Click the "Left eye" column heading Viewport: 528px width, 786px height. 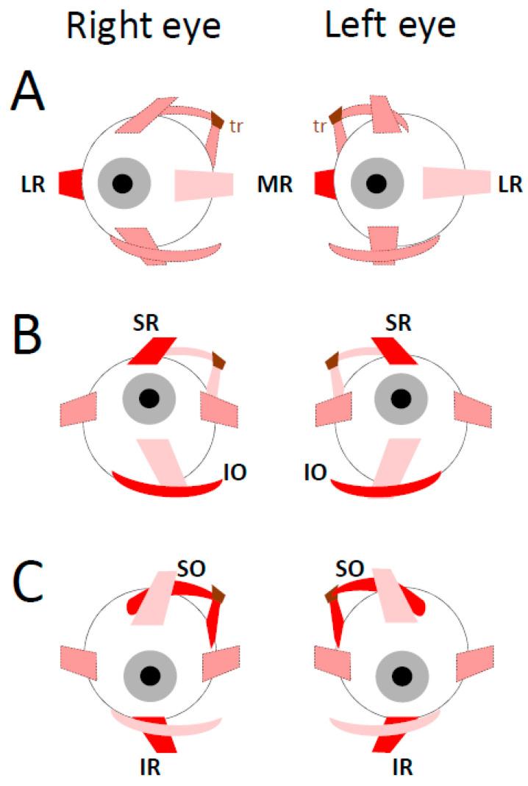[390, 26]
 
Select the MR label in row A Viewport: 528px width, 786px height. [277, 185]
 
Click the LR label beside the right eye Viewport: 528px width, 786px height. [32, 185]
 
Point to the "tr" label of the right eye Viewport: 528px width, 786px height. [235, 126]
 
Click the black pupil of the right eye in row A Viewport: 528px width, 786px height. [124, 183]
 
